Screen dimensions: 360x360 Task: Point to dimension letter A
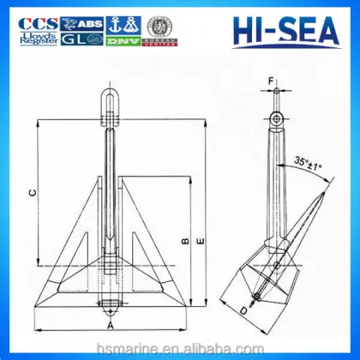[x=111, y=327]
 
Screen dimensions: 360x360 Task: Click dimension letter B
[x=184, y=241]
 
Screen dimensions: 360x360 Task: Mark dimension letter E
[x=200, y=243]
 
